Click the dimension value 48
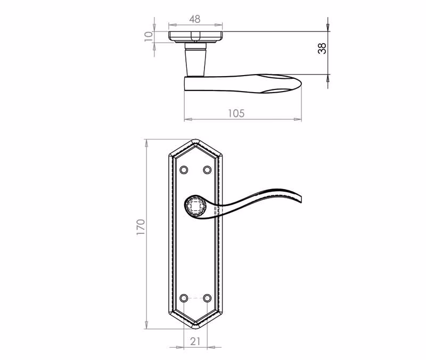195,19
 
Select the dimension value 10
149,36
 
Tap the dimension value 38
322,48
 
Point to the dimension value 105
236,113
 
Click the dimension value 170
141,227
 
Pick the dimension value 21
195,341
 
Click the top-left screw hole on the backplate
184,170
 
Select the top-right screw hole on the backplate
207,170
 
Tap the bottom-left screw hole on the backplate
184,298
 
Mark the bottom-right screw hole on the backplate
207,298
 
